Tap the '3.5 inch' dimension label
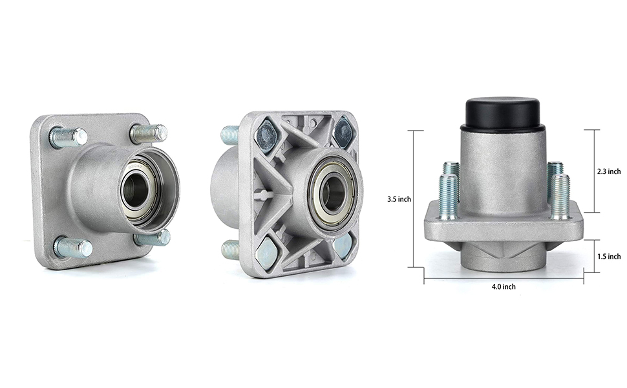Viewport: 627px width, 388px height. (399, 199)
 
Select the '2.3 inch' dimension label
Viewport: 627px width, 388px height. (609, 171)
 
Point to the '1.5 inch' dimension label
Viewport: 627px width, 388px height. (609, 256)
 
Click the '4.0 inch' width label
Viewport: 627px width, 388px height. (504, 287)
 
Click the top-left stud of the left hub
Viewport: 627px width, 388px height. (69, 137)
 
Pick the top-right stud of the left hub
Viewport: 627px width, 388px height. (149, 133)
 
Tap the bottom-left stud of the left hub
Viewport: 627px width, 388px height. (73, 247)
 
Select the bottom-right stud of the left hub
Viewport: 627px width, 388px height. (153, 238)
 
